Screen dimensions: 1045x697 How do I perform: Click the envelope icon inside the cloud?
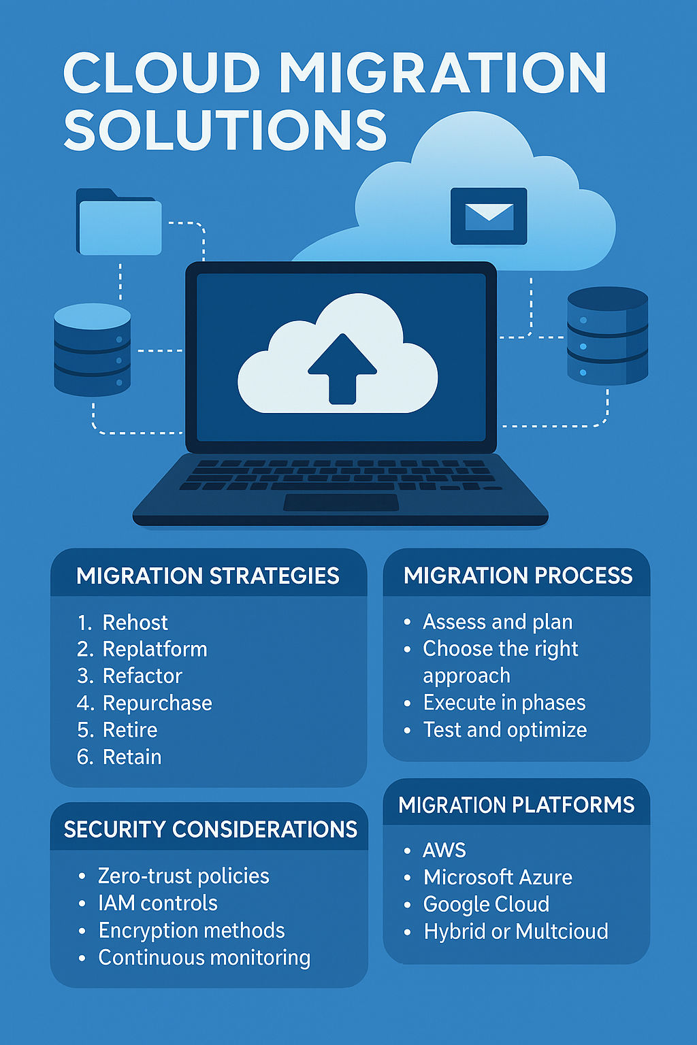(489, 216)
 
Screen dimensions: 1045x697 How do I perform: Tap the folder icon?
(120, 223)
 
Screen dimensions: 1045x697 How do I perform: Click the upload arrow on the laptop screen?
(342, 368)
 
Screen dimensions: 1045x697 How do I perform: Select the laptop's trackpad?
(341, 503)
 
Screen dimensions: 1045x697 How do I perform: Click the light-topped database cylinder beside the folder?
(92, 350)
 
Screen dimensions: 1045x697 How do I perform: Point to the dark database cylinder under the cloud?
(607, 335)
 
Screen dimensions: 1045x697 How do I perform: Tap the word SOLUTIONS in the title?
(225, 131)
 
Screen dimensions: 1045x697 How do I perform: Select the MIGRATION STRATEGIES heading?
(208, 576)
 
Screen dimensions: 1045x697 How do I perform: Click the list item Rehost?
(135, 623)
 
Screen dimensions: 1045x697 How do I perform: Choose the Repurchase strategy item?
(157, 703)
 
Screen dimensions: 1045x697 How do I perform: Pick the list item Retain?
(132, 757)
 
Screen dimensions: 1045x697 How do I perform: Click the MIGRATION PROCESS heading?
(518, 576)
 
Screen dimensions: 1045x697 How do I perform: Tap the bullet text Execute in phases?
(504, 703)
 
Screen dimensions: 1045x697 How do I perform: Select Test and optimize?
(505, 730)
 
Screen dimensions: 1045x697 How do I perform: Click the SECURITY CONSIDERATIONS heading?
(210, 829)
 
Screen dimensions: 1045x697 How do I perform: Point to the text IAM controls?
(158, 903)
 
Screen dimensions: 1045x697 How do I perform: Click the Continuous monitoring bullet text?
(204, 957)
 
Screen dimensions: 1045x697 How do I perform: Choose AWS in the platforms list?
(444, 850)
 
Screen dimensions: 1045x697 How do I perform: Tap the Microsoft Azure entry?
(498, 877)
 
